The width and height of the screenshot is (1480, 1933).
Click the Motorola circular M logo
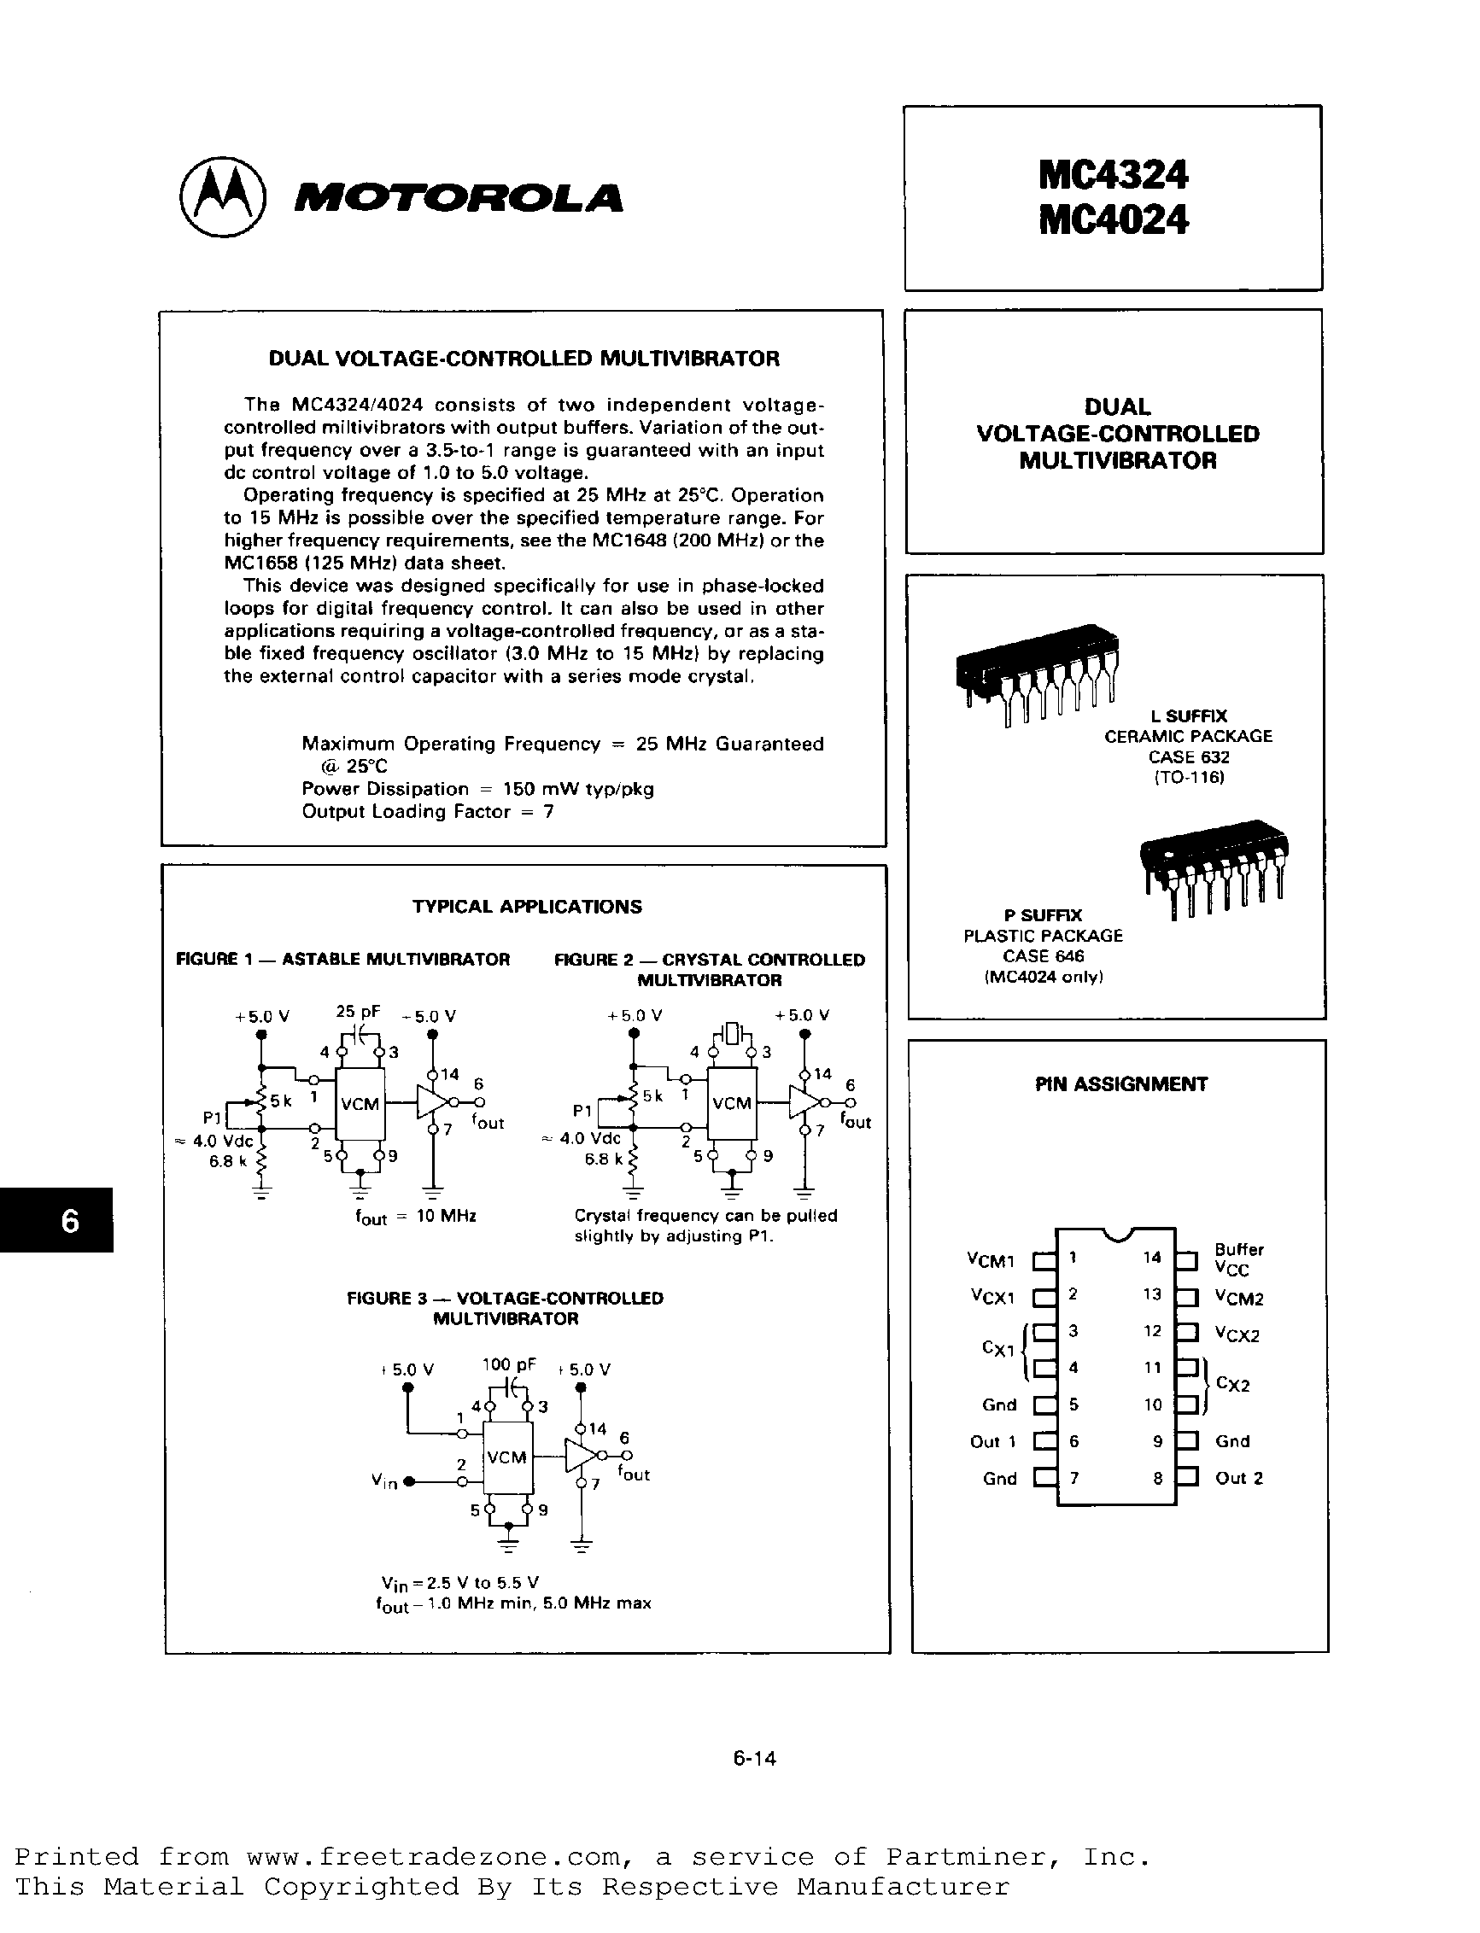point(221,196)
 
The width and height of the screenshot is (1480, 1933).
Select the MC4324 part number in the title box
point(1113,174)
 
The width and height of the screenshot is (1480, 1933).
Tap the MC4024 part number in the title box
point(1113,219)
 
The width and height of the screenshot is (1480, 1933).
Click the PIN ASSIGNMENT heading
point(1120,1084)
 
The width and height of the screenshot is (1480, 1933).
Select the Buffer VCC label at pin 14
point(1238,1259)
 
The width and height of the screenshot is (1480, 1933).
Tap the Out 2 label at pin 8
point(1238,1479)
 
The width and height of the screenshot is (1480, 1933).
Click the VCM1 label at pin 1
point(991,1261)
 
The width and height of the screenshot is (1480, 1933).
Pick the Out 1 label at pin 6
point(993,1441)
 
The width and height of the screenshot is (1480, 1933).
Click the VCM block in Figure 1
point(360,1104)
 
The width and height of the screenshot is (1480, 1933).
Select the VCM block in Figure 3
point(506,1457)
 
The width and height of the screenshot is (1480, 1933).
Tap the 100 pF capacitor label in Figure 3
point(508,1365)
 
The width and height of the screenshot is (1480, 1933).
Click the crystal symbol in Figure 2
point(732,1032)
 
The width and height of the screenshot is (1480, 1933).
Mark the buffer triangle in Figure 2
point(804,1101)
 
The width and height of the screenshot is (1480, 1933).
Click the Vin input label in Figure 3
point(384,1482)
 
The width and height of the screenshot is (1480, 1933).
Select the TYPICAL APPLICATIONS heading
point(527,907)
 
